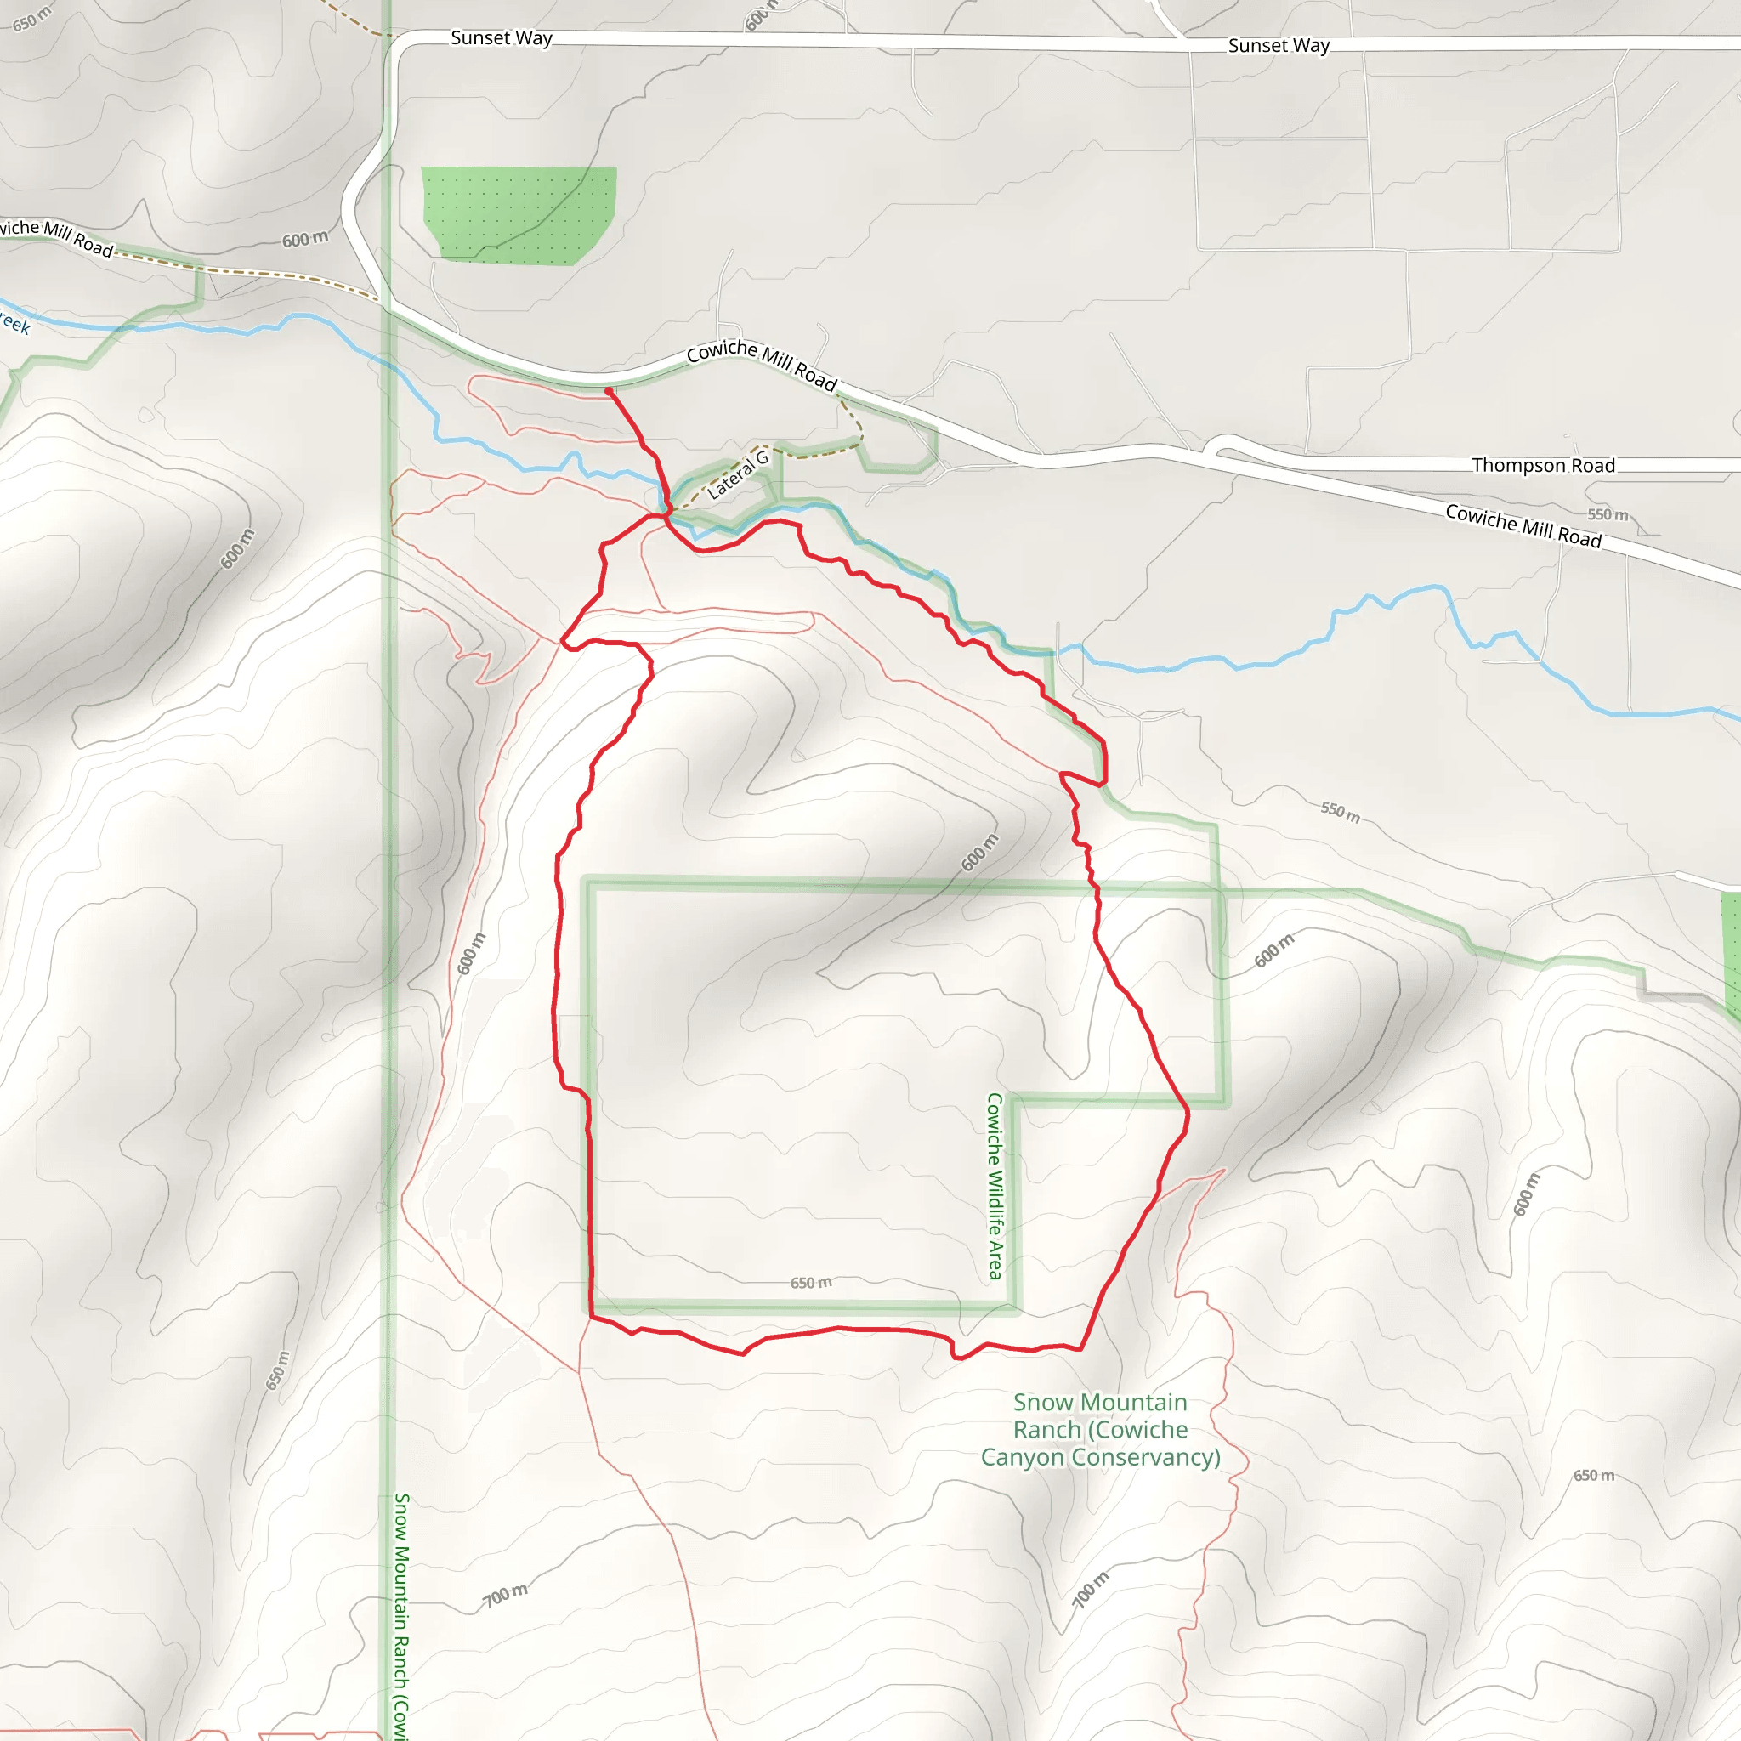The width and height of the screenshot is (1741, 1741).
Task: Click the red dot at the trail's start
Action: coord(610,391)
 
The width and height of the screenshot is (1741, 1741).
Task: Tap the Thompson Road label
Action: coord(1543,465)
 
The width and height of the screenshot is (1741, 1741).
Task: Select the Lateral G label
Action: coord(738,475)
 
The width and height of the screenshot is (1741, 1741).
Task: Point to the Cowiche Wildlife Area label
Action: coord(995,1186)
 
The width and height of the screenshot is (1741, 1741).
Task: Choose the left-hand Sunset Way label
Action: coord(501,38)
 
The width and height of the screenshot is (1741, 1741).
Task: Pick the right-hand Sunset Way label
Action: coord(1278,45)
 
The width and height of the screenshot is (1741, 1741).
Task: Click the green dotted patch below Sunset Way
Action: coord(519,214)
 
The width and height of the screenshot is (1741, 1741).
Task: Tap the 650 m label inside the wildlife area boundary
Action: coord(811,1282)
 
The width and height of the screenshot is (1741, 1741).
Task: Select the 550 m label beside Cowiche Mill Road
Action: coord(1608,514)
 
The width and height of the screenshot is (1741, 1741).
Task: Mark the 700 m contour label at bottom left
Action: coord(505,1595)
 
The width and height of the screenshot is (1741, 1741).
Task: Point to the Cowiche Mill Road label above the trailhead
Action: coord(762,364)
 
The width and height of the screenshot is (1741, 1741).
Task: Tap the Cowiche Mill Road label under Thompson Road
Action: coord(1523,525)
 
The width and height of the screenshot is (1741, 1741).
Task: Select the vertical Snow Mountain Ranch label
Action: coord(402,1613)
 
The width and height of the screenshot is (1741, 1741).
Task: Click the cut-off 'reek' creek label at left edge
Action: coord(14,322)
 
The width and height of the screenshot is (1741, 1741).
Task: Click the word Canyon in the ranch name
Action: coord(1023,1457)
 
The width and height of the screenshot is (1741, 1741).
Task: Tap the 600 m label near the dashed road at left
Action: coord(304,240)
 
